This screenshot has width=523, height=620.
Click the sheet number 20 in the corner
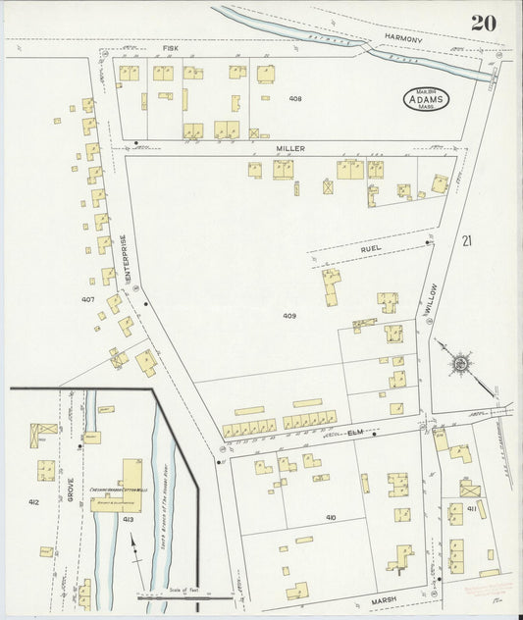[481, 23]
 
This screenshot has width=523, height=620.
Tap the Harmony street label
[402, 39]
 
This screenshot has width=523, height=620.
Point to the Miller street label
[290, 148]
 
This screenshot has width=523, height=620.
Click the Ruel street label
[370, 249]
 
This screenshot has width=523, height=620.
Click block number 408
[295, 99]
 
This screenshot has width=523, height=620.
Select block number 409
[289, 316]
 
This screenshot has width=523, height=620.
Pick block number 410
[331, 516]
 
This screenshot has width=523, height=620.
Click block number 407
[87, 299]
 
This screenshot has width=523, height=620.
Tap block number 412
[33, 500]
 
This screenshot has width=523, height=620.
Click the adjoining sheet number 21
[468, 240]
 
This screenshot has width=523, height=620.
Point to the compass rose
[459, 365]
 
